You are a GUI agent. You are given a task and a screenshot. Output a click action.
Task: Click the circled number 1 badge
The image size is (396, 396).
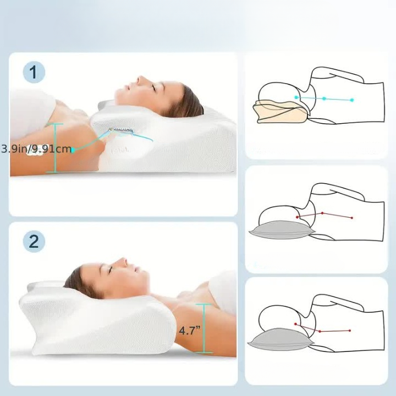click(x=34, y=72)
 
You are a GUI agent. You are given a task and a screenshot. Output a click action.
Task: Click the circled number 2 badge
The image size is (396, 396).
click(x=34, y=241)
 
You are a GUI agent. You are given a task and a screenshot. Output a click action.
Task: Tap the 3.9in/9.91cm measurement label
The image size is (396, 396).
click(x=36, y=148)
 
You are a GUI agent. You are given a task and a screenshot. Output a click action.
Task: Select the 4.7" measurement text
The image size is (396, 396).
click(x=189, y=330)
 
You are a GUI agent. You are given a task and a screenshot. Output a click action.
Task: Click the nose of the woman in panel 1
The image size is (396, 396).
click(x=139, y=80)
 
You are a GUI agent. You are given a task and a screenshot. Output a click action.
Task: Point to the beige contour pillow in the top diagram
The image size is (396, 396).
click(x=280, y=112)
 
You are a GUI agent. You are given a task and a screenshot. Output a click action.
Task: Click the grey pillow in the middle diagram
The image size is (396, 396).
click(x=282, y=230)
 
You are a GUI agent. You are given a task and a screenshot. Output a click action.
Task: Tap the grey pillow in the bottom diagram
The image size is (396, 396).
click(x=281, y=339)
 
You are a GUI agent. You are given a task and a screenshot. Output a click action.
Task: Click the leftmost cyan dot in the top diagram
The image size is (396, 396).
click(x=296, y=97)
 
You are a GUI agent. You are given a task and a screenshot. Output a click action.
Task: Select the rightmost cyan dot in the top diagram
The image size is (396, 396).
click(x=352, y=100)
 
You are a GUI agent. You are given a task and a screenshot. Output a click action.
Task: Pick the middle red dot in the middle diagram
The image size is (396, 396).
click(x=322, y=213)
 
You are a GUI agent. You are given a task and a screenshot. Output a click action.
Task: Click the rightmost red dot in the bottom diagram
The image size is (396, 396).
click(x=350, y=331)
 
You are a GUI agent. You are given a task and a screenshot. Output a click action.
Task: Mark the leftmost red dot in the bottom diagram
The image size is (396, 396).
click(x=295, y=324)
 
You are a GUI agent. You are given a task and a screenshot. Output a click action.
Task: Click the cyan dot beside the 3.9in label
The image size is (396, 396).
click(x=73, y=150)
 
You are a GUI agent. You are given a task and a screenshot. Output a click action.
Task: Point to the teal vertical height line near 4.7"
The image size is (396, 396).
click(x=204, y=328)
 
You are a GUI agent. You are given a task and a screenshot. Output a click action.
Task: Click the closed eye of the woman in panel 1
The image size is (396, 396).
click(x=153, y=87)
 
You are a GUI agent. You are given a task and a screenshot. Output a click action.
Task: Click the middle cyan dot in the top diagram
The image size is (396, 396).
click(x=324, y=98)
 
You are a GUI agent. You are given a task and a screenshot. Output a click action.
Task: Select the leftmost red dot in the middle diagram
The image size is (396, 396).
click(x=297, y=217)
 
